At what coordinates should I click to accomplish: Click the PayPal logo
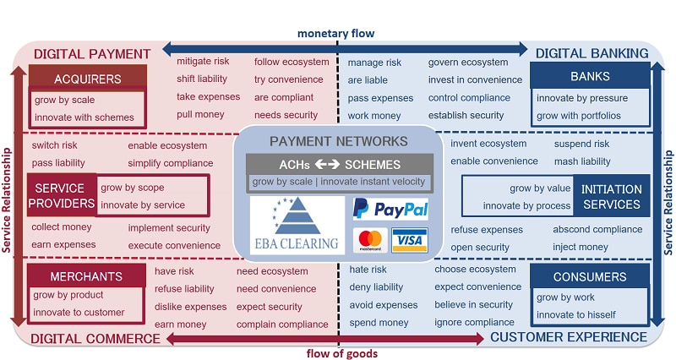390,209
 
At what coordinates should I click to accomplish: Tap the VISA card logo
410,240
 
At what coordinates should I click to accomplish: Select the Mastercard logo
368,240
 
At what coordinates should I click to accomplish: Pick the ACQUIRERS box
75,79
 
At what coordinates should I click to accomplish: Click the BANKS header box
590,77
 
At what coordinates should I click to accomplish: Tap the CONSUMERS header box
590,276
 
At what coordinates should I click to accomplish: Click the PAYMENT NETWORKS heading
338,141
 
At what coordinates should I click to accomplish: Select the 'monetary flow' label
335,33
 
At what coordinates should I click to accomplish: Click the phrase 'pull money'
200,115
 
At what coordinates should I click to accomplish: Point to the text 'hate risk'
368,270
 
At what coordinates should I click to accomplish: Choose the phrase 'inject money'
581,247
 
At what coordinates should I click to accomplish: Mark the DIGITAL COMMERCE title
95,338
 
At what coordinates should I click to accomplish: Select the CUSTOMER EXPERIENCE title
569,338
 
